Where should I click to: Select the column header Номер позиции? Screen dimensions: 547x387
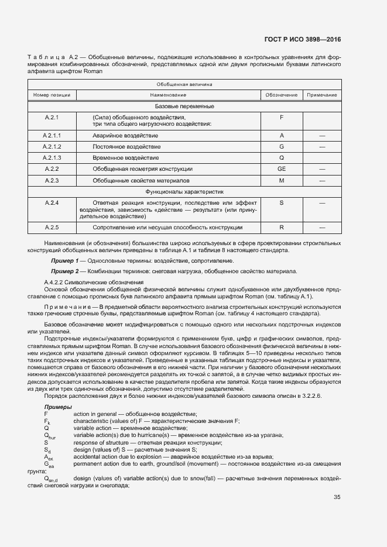point(52,94)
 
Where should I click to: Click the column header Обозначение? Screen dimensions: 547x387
point(281,94)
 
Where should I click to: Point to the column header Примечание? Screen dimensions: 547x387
point(322,94)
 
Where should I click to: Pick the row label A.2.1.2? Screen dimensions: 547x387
point(52,146)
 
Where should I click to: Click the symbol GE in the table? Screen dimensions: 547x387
point(281,168)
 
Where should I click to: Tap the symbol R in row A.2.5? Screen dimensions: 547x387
point(281,228)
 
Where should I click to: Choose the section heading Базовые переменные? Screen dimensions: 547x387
point(184,106)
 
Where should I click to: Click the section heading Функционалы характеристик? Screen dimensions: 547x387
point(184,191)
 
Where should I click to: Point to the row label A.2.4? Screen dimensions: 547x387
point(52,202)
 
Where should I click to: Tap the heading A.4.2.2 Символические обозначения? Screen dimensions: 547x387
point(94,283)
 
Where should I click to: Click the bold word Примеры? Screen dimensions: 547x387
point(58,407)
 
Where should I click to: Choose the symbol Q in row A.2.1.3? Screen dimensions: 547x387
point(281,157)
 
